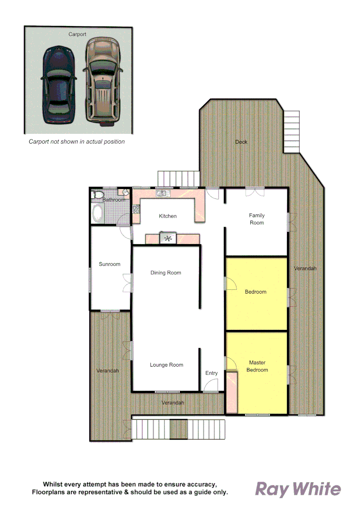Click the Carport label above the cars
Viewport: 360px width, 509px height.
coord(77,34)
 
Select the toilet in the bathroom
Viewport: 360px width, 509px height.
coord(97,195)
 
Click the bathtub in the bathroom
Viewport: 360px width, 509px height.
coord(98,213)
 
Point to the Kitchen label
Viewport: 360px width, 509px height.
coord(168,216)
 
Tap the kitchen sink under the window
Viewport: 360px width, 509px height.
coord(162,193)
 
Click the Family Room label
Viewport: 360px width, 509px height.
coord(257,219)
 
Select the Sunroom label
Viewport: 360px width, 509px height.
coord(110,264)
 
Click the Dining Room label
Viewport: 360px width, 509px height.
coord(166,273)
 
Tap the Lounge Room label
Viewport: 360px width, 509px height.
coord(166,365)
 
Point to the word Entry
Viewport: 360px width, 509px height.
coord(212,373)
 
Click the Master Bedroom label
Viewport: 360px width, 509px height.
coord(257,366)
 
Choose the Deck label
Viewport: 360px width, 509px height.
coord(241,142)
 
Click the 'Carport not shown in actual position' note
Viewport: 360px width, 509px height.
coord(77,141)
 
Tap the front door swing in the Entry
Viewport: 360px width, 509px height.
coord(210,386)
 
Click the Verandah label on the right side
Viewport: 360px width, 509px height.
coord(305,268)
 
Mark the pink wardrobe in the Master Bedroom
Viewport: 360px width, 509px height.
coord(232,393)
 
